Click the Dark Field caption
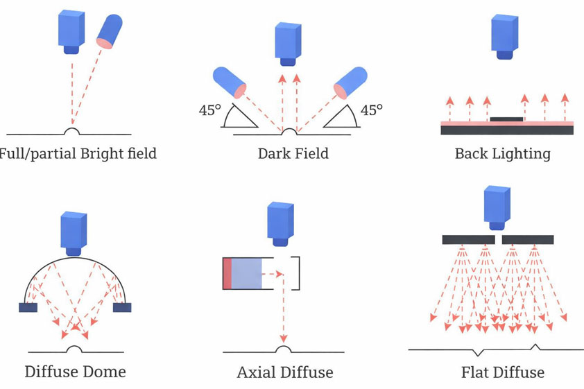tap(293, 153)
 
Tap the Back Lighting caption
tap(502, 153)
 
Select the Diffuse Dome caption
tap(76, 372)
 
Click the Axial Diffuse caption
tap(285, 372)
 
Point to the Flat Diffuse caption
tap(503, 372)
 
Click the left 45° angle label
tap(210, 110)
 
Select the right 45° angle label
tap(372, 110)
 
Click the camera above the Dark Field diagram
tap(287, 43)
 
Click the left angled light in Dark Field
tap(230, 81)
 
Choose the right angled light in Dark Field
tap(350, 82)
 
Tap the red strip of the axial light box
tap(227, 273)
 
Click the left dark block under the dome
tap(28, 307)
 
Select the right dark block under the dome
tap(122, 307)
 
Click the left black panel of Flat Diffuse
tap(468, 240)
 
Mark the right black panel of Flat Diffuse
tap(528, 240)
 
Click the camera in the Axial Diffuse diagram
tap(280, 223)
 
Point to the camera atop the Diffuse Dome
tap(73, 233)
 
